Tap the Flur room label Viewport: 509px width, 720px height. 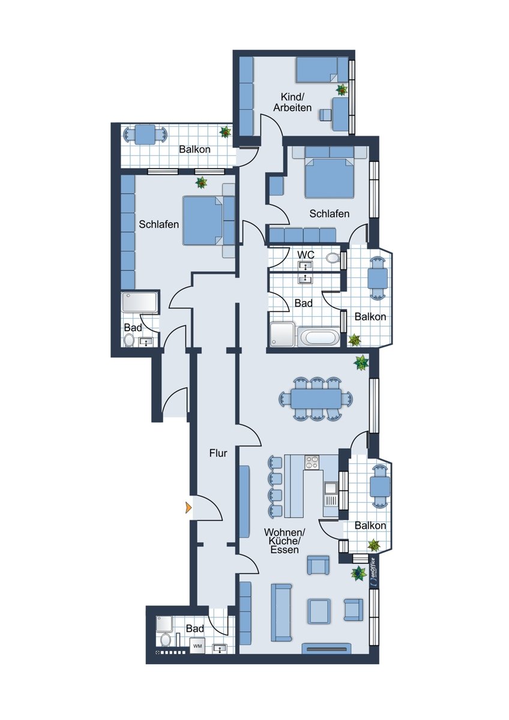(x=218, y=453)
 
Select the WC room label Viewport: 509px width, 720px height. (x=306, y=255)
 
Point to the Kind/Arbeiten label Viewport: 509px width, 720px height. (x=292, y=102)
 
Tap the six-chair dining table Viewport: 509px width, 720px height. (x=316, y=398)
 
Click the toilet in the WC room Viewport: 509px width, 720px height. (x=333, y=258)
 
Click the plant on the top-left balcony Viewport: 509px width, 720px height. (x=226, y=131)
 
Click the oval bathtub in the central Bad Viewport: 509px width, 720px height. (x=318, y=337)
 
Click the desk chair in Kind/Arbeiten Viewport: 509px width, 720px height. (x=325, y=115)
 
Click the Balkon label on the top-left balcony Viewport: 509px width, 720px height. (x=194, y=149)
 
